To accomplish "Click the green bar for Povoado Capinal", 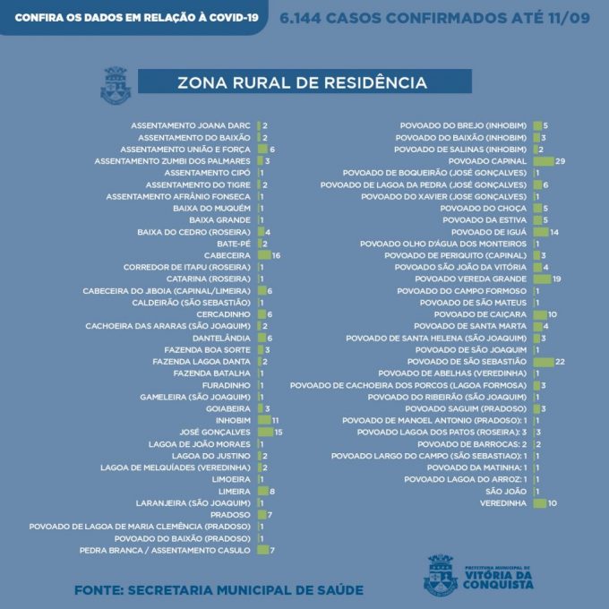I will click(543, 160).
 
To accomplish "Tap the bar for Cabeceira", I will click(264, 255).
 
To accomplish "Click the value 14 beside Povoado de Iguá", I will click(555, 232).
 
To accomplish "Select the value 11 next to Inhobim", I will click(277, 420).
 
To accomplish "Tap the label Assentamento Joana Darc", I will click(191, 125).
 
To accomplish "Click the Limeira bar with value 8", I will click(262, 491).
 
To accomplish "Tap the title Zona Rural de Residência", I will click(302, 83).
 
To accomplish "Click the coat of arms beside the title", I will click(115, 85).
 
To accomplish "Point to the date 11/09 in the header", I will click(565, 17).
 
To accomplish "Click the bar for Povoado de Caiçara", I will click(540, 314).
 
